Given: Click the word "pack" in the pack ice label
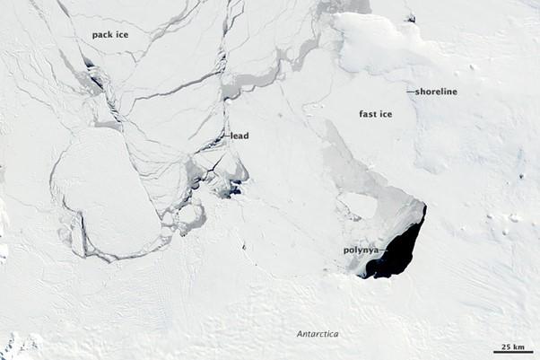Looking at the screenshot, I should tap(102, 35).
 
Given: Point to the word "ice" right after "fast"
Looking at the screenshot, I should tap(387, 114).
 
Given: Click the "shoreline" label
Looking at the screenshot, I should tap(437, 91).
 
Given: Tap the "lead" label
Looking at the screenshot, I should tap(240, 136).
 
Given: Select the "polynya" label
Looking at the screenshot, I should tap(361, 250).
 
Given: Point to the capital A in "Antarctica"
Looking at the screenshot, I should tap(300, 335).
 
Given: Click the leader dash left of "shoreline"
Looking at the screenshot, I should tap(410, 92).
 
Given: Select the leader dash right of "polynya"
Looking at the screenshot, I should tap(384, 250).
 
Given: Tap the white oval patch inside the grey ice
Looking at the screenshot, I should tap(359, 206).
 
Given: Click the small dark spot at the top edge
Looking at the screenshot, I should tap(410, 17).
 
